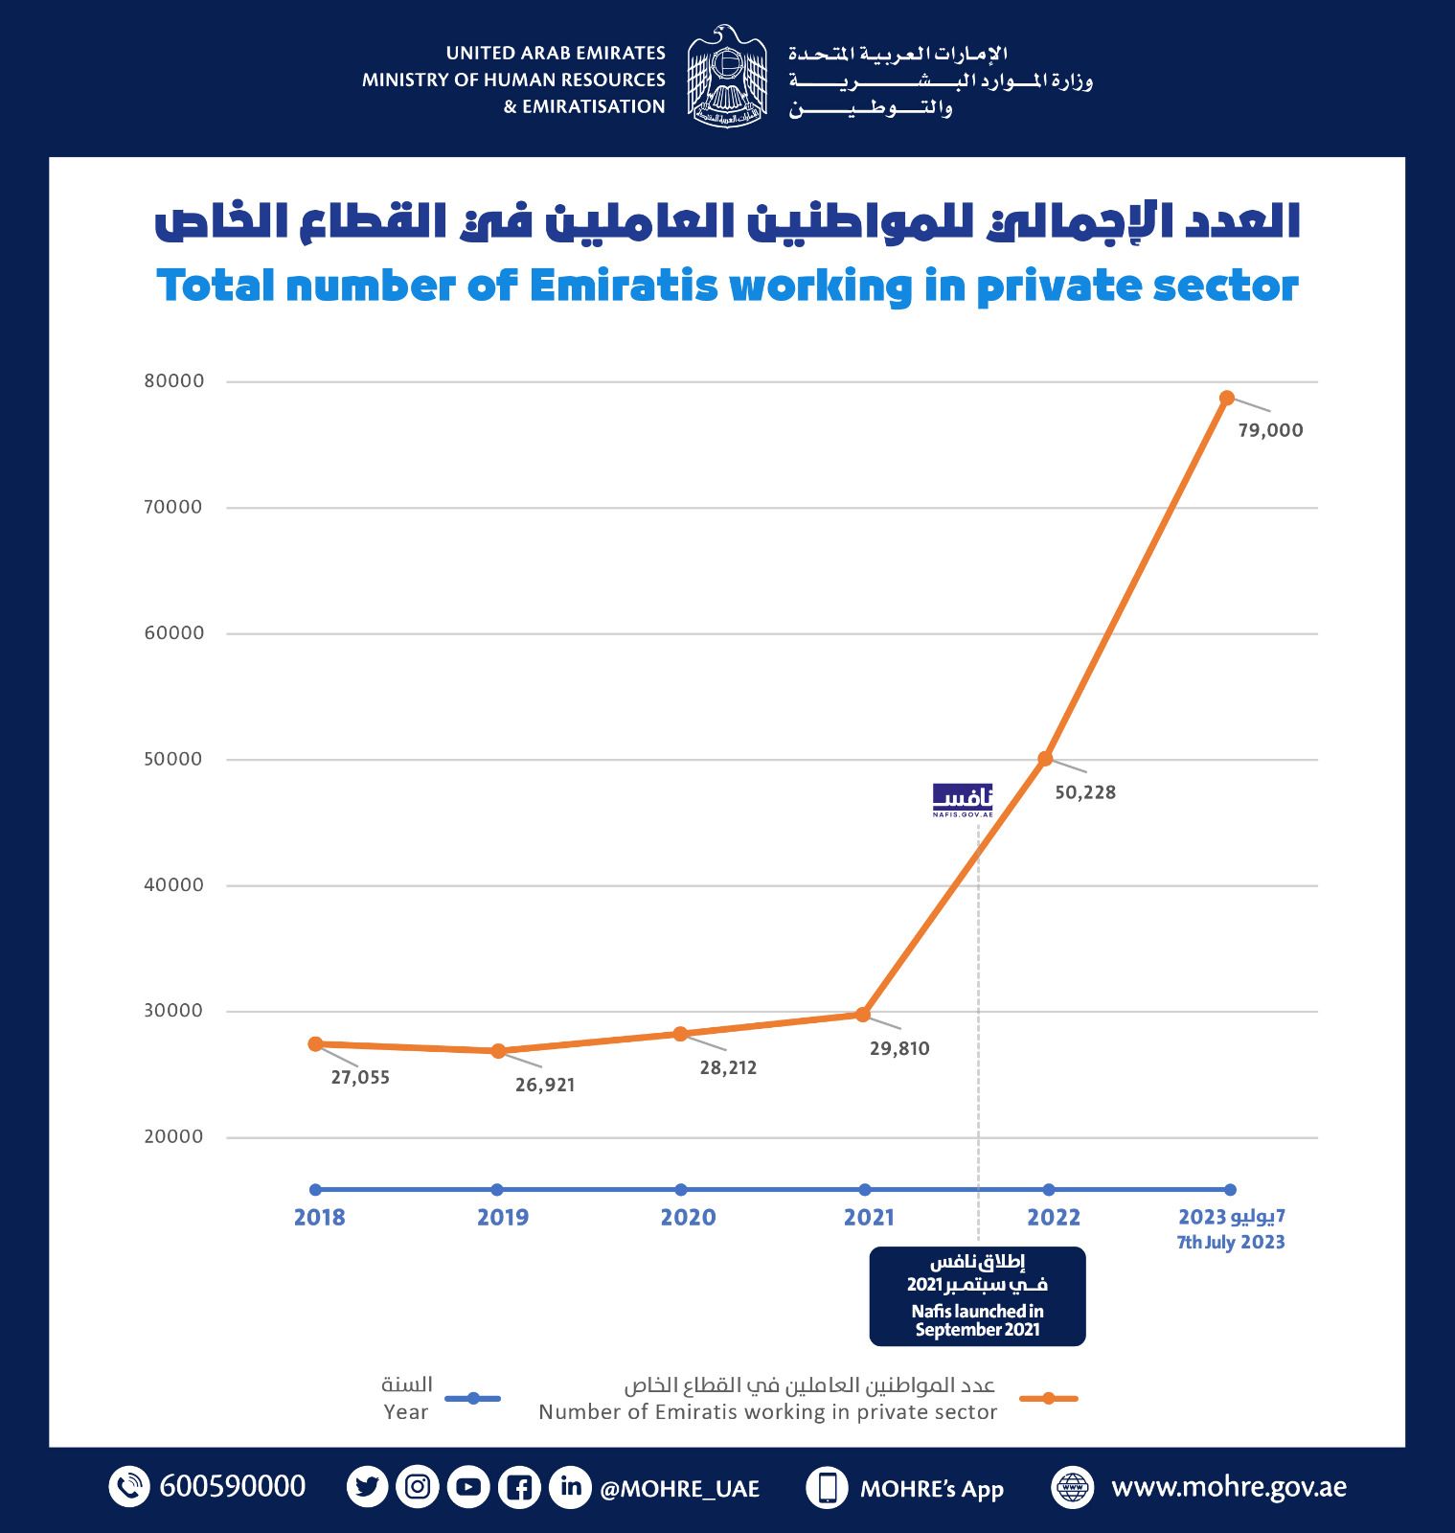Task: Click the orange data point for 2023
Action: pyautogui.click(x=1226, y=398)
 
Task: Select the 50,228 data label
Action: pyautogui.click(x=1085, y=792)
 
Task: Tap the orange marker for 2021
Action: pyautogui.click(x=863, y=1014)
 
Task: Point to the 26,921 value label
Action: pyautogui.click(x=545, y=1085)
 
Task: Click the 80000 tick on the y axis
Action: pyautogui.click(x=174, y=381)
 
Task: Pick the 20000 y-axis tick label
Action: pyautogui.click(x=174, y=1137)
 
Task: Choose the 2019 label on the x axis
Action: pyautogui.click(x=503, y=1218)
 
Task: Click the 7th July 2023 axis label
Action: pyautogui.click(x=1231, y=1243)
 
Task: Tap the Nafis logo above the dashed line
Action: pyautogui.click(x=963, y=800)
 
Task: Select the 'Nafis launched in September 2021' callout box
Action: pyautogui.click(x=977, y=1296)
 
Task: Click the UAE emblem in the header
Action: pyautogui.click(x=727, y=77)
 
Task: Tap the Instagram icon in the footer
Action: pyautogui.click(x=418, y=1487)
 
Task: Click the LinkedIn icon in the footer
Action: pyautogui.click(x=571, y=1487)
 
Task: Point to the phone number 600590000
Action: pyautogui.click(x=233, y=1487)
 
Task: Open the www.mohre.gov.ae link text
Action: pyautogui.click(x=1228, y=1487)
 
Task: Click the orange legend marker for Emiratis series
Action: pyautogui.click(x=1049, y=1399)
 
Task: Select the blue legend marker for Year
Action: pyautogui.click(x=473, y=1399)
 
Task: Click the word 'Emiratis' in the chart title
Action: pyautogui.click(x=624, y=286)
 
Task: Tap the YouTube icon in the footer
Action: pyautogui.click(x=468, y=1487)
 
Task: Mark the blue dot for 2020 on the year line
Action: pyautogui.click(x=681, y=1190)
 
